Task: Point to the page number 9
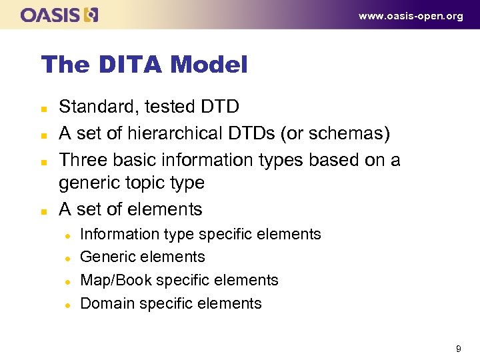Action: click(x=458, y=349)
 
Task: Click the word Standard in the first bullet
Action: click(x=90, y=107)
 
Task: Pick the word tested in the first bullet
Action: click(x=153, y=107)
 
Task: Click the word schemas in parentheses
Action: click(x=354, y=133)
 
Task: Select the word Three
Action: click(x=81, y=160)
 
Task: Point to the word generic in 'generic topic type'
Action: click(x=87, y=183)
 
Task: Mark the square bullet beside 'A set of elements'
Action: click(x=44, y=211)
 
